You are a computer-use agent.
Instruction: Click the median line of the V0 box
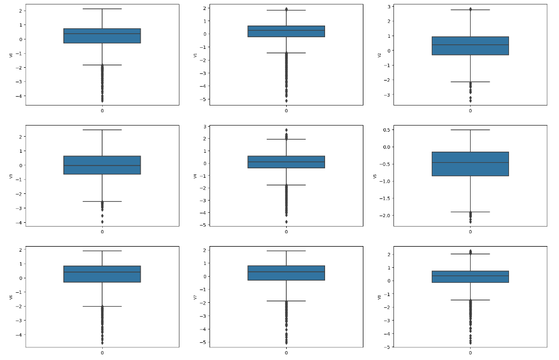click(x=102, y=34)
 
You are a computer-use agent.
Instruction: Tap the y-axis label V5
click(x=375, y=176)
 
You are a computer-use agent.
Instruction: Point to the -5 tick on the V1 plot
click(x=204, y=99)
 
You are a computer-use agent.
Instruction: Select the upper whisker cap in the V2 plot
click(x=470, y=10)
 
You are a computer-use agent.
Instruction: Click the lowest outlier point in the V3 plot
click(x=102, y=222)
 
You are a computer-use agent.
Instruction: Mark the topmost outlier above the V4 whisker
click(x=286, y=130)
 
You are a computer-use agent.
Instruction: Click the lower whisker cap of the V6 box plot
click(x=102, y=306)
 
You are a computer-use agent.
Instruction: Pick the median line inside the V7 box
click(x=286, y=272)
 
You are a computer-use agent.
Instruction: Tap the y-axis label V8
click(x=380, y=297)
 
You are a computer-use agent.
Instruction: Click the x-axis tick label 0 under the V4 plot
click(x=286, y=232)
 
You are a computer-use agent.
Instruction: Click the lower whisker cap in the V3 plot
click(x=102, y=201)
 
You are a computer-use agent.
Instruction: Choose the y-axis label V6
click(x=11, y=297)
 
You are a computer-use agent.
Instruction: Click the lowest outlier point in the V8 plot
click(x=470, y=343)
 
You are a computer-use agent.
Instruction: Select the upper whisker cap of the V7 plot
click(x=286, y=251)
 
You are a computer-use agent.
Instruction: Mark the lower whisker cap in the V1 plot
click(x=286, y=53)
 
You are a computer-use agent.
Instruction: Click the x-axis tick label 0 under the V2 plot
click(x=470, y=111)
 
